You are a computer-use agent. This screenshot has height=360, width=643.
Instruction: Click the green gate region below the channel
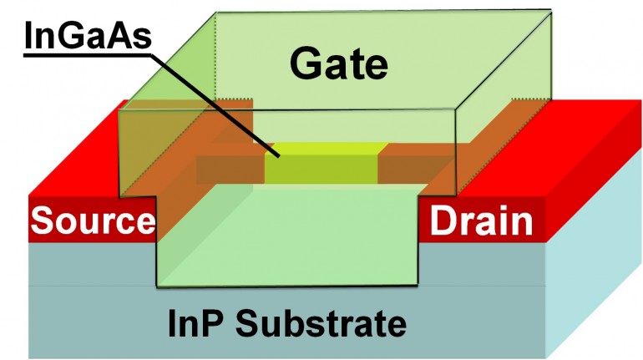click(288, 242)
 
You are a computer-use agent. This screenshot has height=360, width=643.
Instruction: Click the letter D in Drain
click(442, 222)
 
